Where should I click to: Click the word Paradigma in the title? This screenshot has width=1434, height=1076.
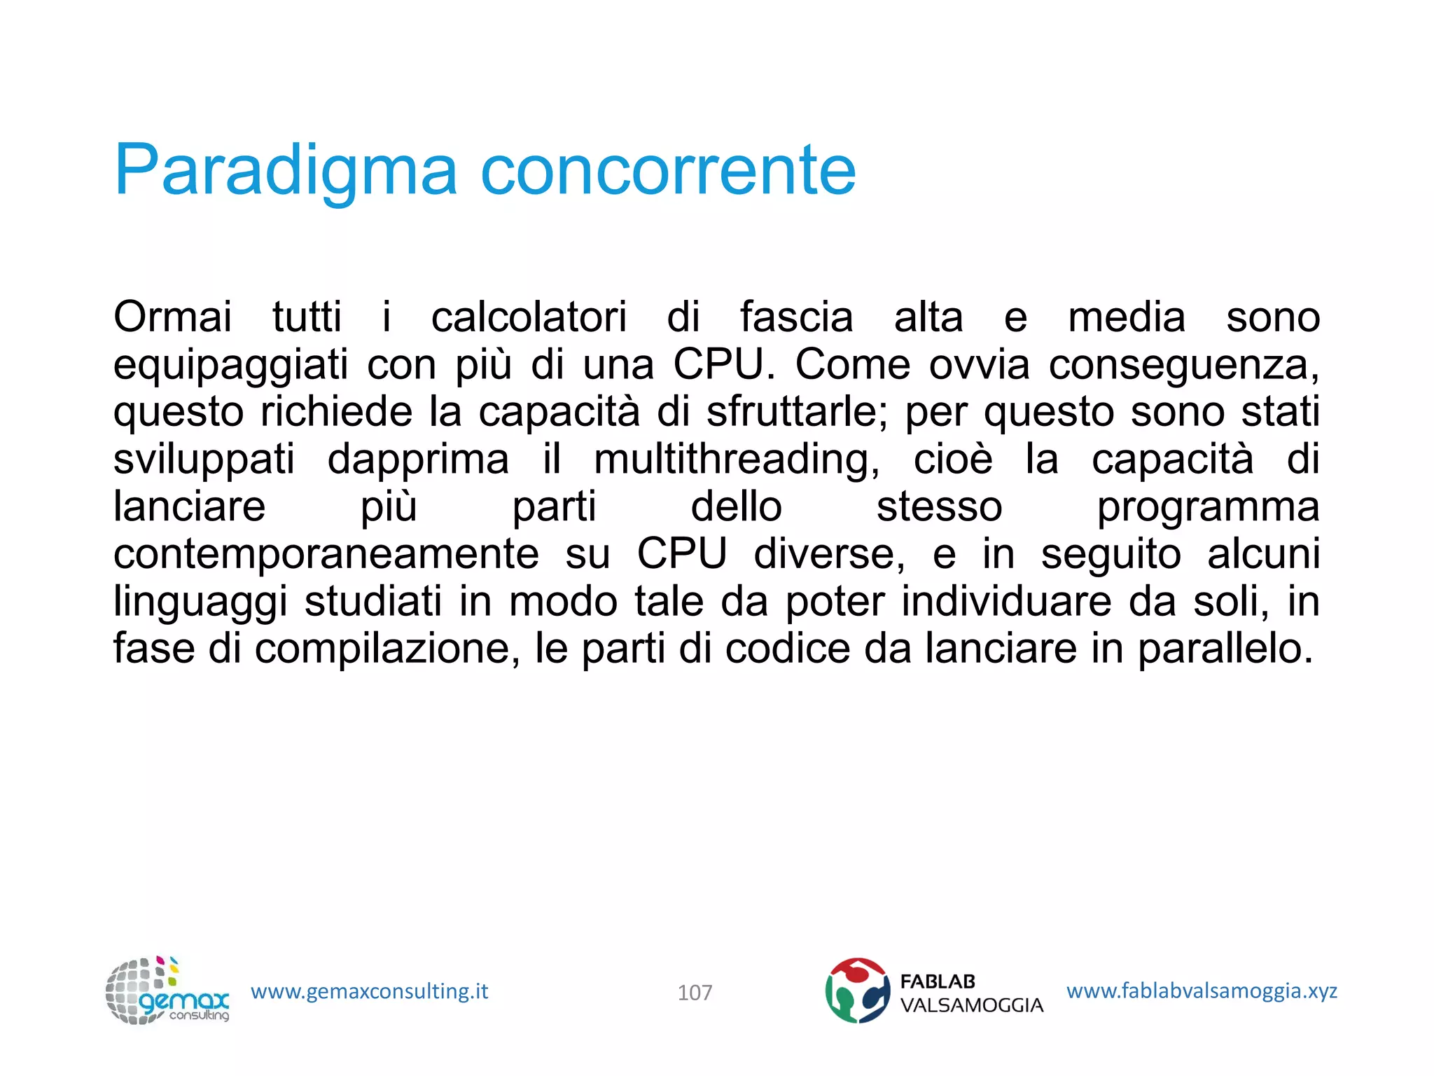coord(286,171)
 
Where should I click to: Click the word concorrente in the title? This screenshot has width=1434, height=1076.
coord(668,171)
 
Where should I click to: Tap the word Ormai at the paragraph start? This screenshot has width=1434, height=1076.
coord(172,317)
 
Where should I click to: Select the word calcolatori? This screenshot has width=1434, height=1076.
coord(529,317)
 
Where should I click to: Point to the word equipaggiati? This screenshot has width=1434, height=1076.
coord(230,366)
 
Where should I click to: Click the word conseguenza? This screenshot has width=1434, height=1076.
coord(1184,366)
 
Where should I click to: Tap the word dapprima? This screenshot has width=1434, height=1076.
coord(418,460)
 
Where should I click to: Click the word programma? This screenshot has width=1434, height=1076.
coord(1208,508)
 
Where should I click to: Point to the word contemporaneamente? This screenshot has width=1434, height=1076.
coord(326,554)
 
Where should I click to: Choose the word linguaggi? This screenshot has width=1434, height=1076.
coord(200,602)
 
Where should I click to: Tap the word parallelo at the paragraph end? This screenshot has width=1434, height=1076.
coord(1225,649)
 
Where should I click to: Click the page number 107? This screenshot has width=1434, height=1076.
coord(695,993)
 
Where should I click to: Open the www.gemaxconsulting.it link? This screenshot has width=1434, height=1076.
coord(369,991)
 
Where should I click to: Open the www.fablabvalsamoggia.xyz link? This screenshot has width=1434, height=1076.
coord(1202,991)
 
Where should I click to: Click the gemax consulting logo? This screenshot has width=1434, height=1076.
coord(167,991)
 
